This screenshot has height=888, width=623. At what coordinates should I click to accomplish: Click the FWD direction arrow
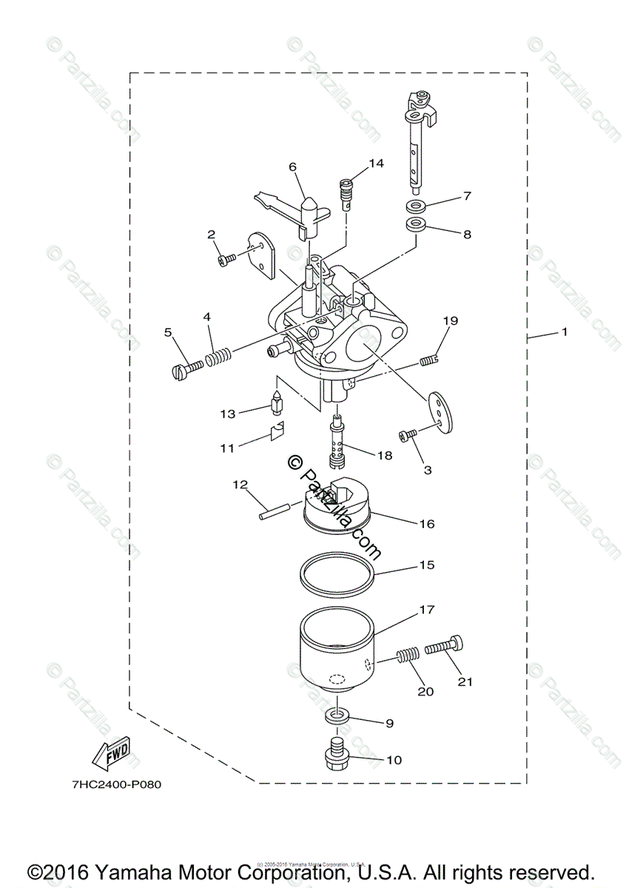pos(111,756)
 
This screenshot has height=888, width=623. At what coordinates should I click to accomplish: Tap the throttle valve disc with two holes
pos(438,408)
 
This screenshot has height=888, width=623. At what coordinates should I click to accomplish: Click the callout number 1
pos(564,332)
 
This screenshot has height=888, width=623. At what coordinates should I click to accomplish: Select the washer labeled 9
pos(337,718)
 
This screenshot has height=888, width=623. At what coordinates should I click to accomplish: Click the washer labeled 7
pos(418,205)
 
